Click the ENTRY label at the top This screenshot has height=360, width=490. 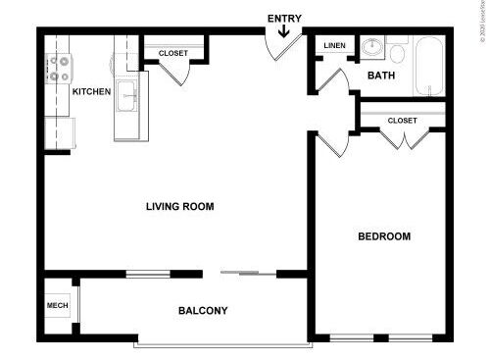point(284,17)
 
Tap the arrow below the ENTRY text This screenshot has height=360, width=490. point(284,32)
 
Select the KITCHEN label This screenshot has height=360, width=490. point(91,91)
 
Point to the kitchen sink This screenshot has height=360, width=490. point(127,97)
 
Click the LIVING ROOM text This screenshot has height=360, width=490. point(179,207)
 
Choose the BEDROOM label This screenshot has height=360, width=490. point(383,236)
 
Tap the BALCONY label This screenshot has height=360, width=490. point(203,311)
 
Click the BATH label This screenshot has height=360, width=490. point(381,76)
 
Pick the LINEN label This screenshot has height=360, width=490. point(334,46)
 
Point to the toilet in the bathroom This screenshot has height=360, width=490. point(396,47)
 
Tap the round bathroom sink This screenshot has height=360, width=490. point(371,47)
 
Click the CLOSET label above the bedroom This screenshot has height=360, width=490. point(402,121)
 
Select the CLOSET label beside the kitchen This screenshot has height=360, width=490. point(173,53)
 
